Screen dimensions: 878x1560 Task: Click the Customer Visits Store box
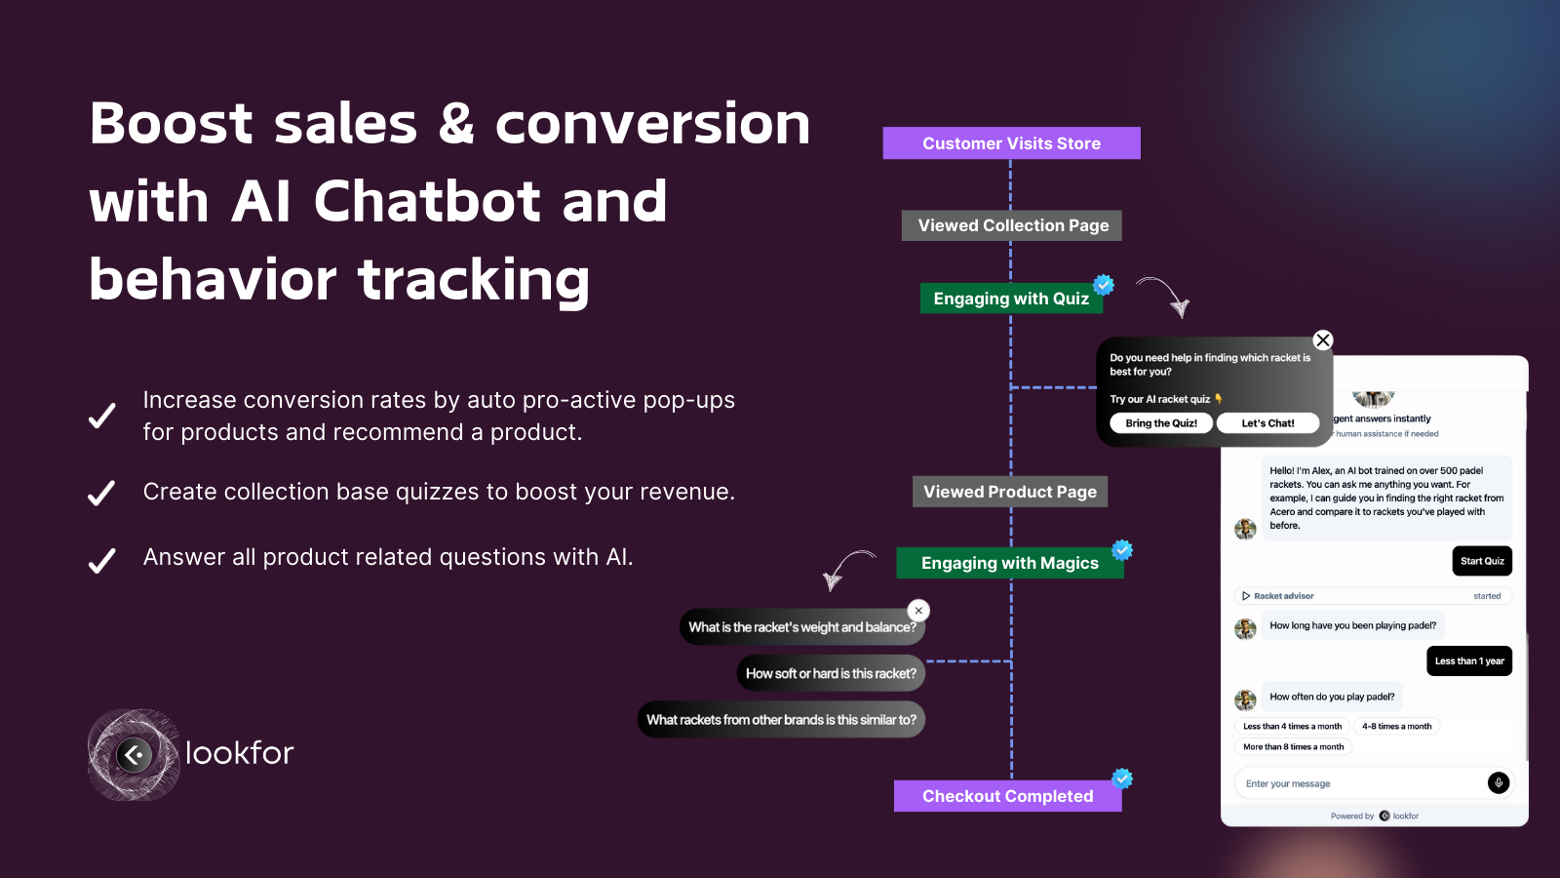point(1011,143)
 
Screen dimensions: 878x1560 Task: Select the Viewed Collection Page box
point(1012,225)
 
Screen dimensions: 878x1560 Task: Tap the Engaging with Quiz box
point(1011,299)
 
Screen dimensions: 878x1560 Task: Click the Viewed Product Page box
point(1009,492)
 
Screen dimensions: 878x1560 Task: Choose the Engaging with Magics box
point(1009,563)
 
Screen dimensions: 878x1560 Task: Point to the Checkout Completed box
point(1007,796)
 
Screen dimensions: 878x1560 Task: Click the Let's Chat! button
point(1267,423)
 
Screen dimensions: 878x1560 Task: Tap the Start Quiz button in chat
point(1482,561)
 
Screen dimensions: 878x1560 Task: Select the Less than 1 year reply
point(1468,661)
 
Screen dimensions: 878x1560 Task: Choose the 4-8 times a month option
point(1396,727)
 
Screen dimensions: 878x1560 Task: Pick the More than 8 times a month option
point(1293,747)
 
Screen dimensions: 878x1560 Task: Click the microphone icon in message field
point(1499,782)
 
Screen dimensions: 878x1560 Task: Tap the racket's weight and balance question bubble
point(801,627)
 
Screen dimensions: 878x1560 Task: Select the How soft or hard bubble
point(831,673)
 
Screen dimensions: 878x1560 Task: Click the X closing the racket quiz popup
point(1322,340)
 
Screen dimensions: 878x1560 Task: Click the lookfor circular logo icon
point(135,754)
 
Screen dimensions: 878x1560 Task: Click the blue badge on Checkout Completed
point(1122,778)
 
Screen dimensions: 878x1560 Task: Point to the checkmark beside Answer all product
point(102,561)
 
